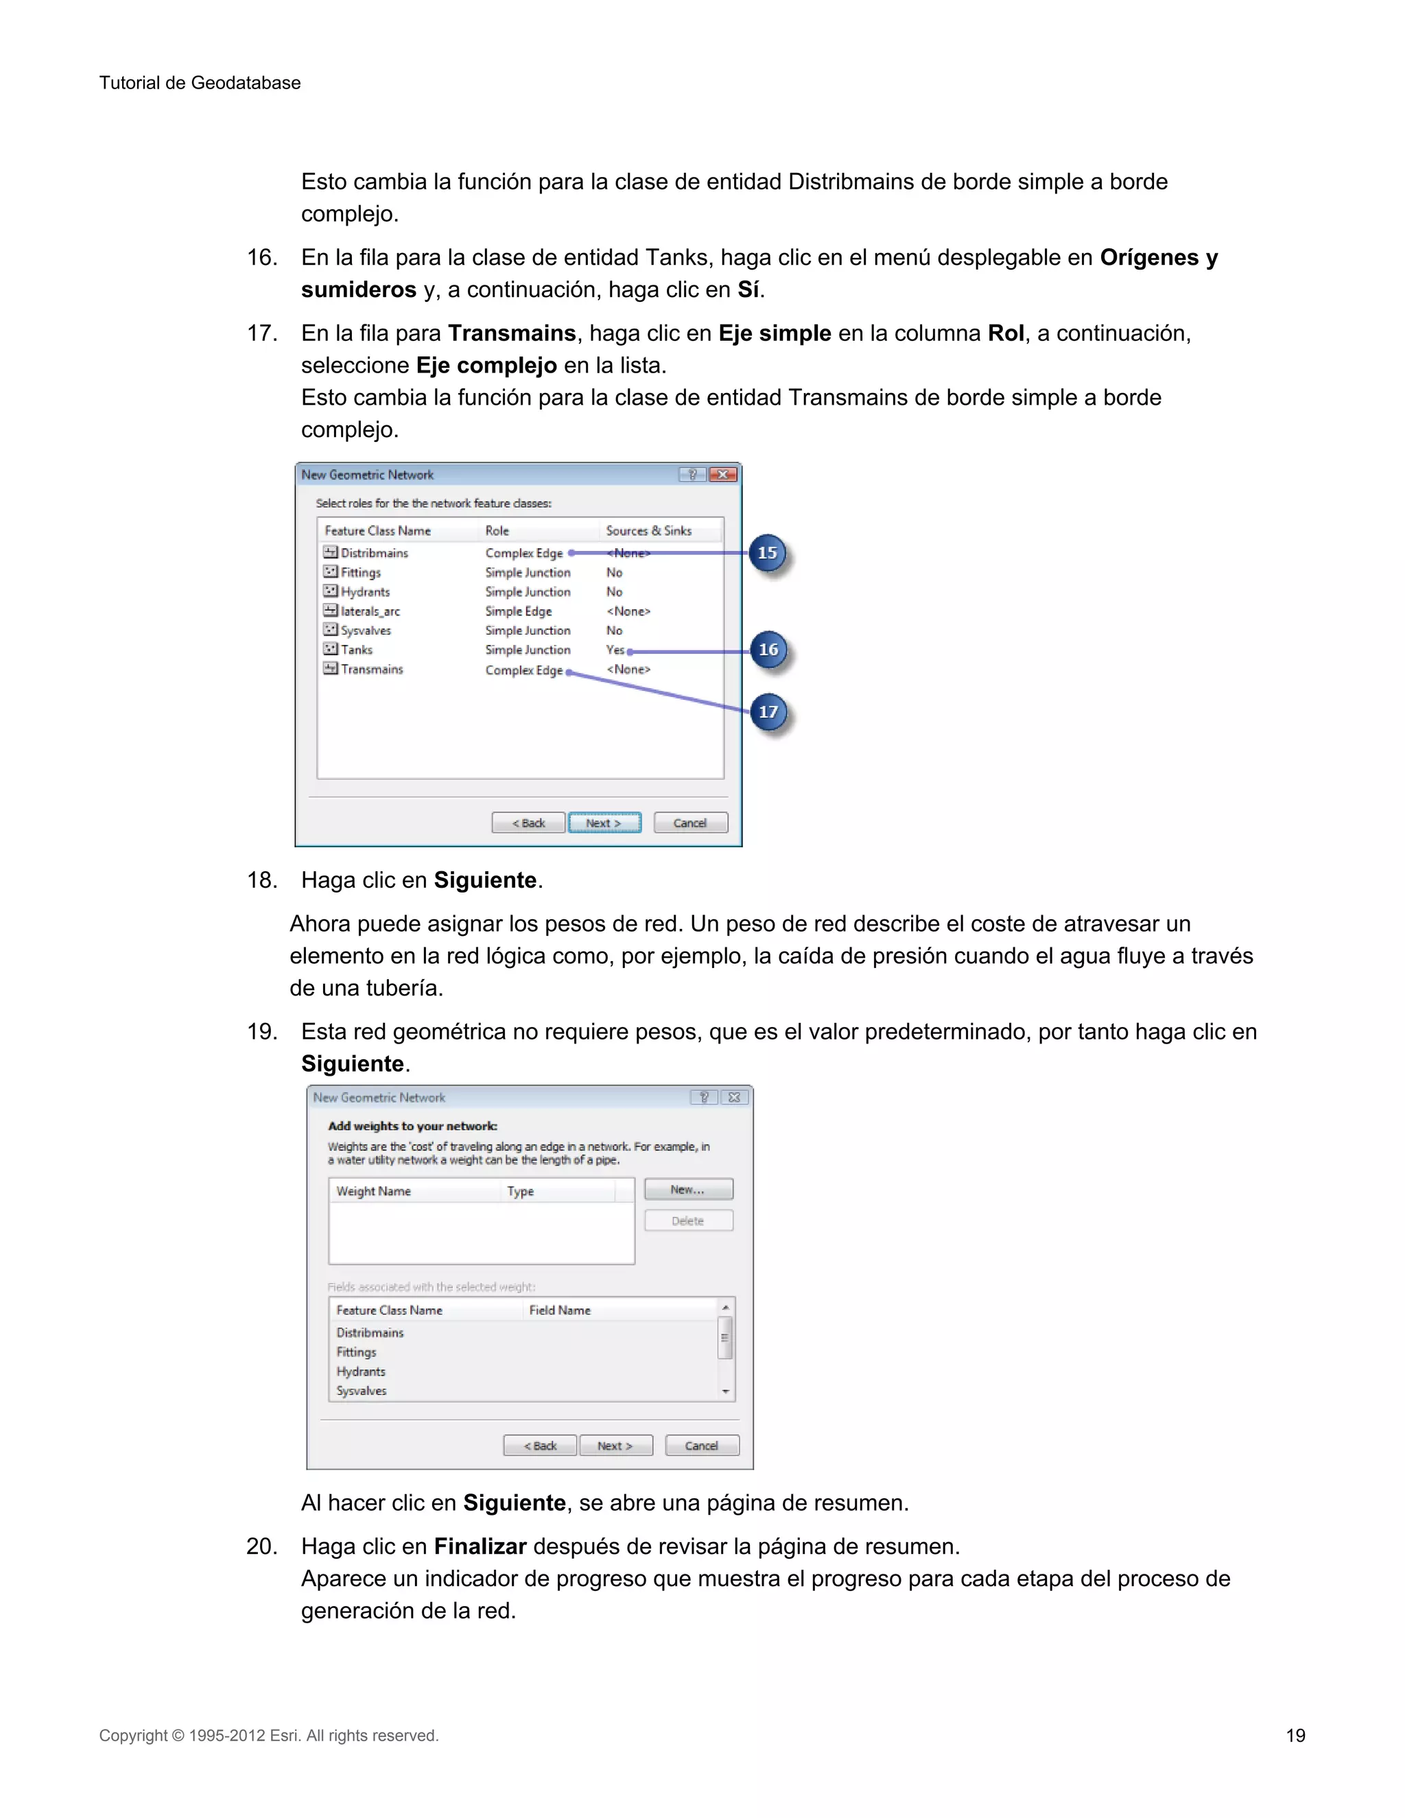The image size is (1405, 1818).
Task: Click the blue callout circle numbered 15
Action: point(768,553)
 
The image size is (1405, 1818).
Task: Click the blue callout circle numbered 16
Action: point(768,650)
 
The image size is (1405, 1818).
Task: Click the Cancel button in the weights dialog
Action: point(702,1446)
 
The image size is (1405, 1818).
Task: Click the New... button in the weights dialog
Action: point(688,1190)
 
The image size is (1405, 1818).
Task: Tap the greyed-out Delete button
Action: point(688,1221)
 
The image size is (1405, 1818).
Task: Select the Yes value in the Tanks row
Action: point(615,650)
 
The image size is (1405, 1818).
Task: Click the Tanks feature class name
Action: point(357,650)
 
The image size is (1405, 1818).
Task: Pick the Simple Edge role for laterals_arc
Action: point(519,611)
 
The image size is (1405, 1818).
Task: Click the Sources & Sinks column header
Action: point(648,531)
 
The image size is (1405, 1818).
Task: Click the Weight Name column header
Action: point(374,1191)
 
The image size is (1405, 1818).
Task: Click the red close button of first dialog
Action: point(722,475)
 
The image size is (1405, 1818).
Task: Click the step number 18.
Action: point(262,880)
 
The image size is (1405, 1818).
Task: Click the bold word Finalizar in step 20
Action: point(480,1546)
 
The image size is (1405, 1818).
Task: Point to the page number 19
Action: point(1295,1736)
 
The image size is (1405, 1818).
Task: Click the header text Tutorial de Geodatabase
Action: point(200,83)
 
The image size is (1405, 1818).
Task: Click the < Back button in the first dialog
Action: point(528,823)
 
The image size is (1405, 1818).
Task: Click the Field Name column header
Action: point(560,1310)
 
